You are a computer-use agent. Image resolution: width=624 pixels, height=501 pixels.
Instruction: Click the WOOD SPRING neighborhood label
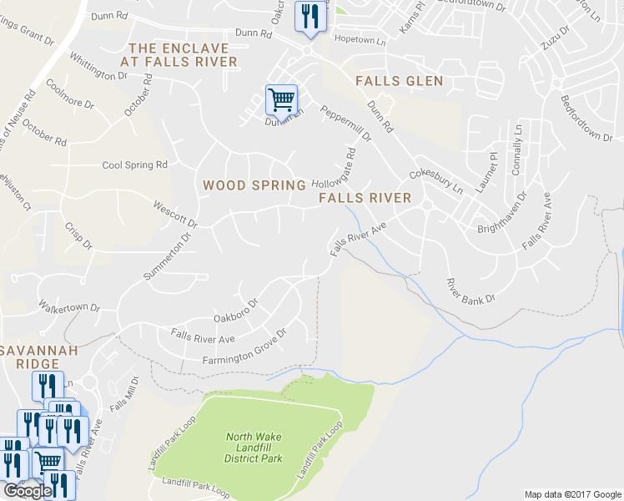point(254,185)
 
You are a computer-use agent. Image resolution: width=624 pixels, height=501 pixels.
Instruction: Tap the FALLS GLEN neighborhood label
point(399,81)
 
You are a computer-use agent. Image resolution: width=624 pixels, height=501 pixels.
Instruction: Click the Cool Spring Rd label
point(134,165)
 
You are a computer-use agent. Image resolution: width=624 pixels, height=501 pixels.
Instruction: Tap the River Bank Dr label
point(471,291)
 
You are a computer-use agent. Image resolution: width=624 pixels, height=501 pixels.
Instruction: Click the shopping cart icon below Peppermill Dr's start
point(281,99)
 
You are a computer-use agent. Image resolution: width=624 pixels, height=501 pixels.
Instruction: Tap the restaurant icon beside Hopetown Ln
point(310,16)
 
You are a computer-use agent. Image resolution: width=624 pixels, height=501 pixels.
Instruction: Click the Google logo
point(28,491)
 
